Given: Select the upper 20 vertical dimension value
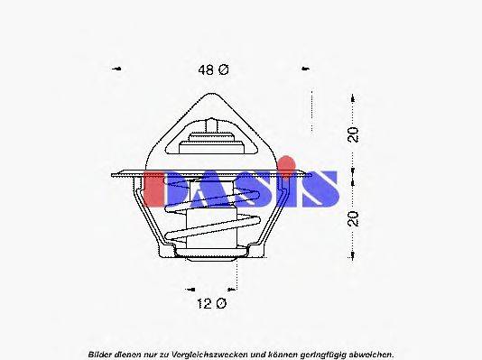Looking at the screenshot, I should coord(355,134).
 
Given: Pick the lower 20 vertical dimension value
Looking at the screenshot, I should coord(355,217).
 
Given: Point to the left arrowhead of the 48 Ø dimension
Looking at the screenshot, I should coord(116,69).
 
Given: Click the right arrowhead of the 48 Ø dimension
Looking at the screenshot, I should coord(305,69).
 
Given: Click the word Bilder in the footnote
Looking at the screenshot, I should coord(101,353).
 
